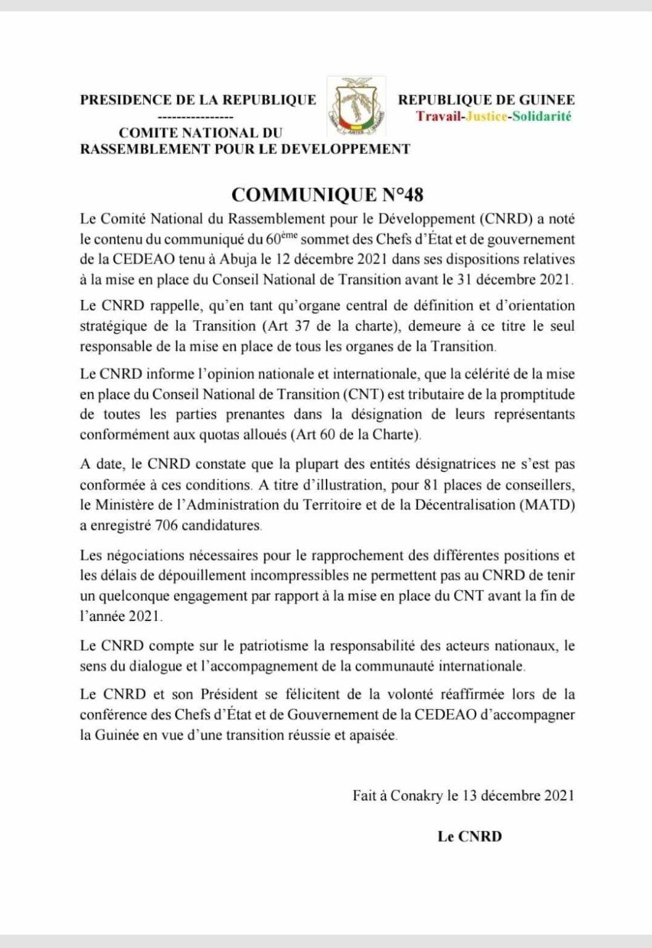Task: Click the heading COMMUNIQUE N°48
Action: pyautogui.click(x=327, y=195)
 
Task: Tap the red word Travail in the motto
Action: pyautogui.click(x=439, y=116)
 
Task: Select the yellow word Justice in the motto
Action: pyautogui.click(x=485, y=116)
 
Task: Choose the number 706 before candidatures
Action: pyautogui.click(x=170, y=526)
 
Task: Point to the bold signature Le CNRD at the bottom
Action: pyautogui.click(x=469, y=837)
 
